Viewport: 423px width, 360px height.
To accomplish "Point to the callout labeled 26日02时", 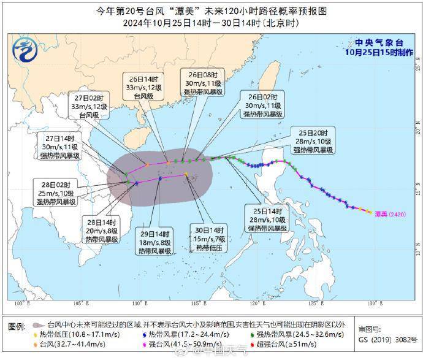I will [262, 105].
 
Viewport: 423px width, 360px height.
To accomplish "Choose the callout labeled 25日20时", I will [313, 141].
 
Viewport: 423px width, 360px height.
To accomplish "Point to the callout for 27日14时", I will [59, 146].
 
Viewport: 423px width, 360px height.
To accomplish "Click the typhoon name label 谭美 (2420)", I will [390, 213].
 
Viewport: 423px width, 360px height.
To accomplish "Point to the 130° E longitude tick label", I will [370, 304].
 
